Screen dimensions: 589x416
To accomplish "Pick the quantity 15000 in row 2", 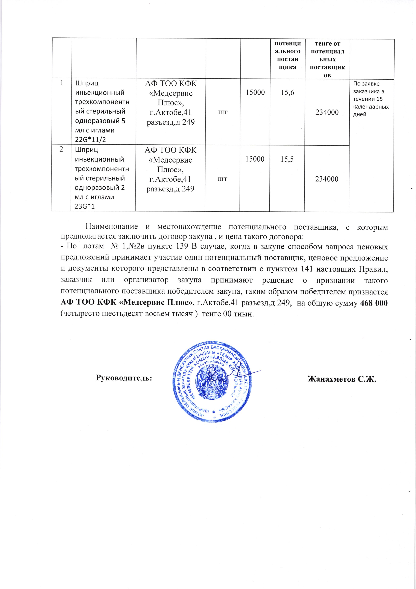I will click(255, 159).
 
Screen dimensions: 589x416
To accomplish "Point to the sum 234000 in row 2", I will click(327, 179).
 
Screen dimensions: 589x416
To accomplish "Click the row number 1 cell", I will click(62, 83).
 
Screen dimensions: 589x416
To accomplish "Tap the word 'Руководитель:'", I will click(124, 378).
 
